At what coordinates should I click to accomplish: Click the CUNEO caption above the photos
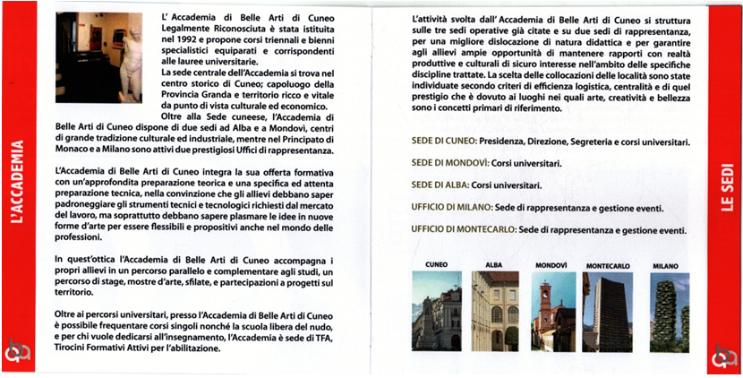(x=435, y=265)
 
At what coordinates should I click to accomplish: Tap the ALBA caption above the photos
(x=494, y=265)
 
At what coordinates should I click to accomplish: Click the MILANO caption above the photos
(x=666, y=266)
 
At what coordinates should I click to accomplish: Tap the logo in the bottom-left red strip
(x=18, y=355)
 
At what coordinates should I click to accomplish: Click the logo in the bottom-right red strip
(x=722, y=355)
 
